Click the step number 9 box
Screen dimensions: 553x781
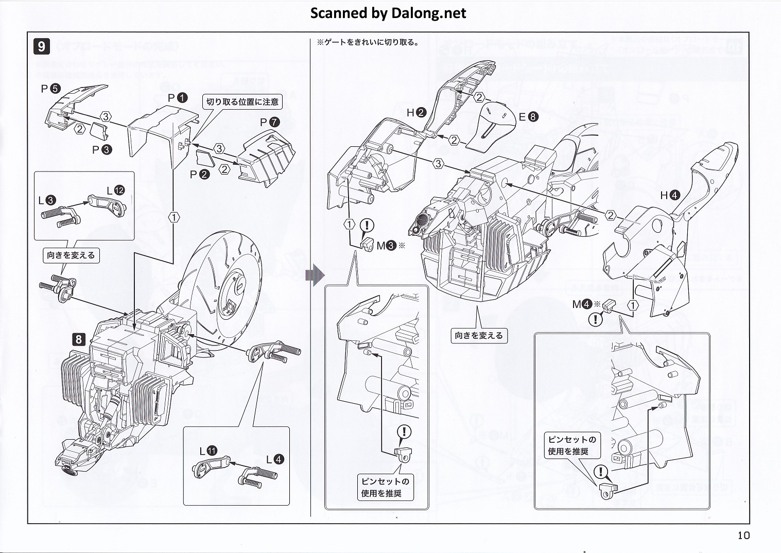[41, 46]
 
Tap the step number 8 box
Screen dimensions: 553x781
[79, 339]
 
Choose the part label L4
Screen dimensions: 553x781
[275, 459]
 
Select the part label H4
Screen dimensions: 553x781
[670, 195]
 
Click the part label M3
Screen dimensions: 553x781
[386, 246]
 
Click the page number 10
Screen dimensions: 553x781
[743, 535]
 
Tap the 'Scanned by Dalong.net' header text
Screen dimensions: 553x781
[388, 13]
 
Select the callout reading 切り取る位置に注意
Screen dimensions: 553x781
[242, 102]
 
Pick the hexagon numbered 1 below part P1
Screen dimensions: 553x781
[174, 217]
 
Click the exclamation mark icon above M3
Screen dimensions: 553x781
[367, 225]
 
